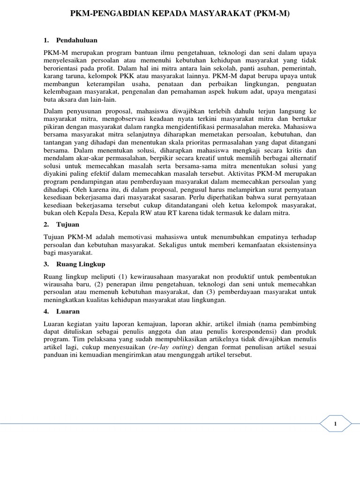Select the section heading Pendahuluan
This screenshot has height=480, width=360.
click(x=77, y=40)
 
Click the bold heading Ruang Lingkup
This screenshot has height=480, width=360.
click(x=79, y=265)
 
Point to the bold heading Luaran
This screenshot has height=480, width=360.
click(x=68, y=311)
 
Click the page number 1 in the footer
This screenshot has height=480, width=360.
click(x=336, y=424)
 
